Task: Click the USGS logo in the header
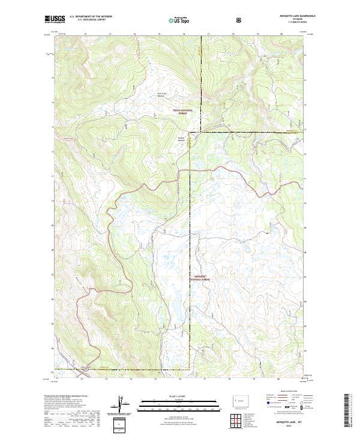pyautogui.click(x=55, y=20)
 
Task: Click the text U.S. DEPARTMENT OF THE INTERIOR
pyautogui.click(x=91, y=17)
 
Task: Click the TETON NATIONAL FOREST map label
pyautogui.click(x=181, y=111)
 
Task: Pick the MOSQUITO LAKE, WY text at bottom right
pyautogui.click(x=286, y=423)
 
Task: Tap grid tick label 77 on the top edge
pyautogui.click(x=208, y=35)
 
